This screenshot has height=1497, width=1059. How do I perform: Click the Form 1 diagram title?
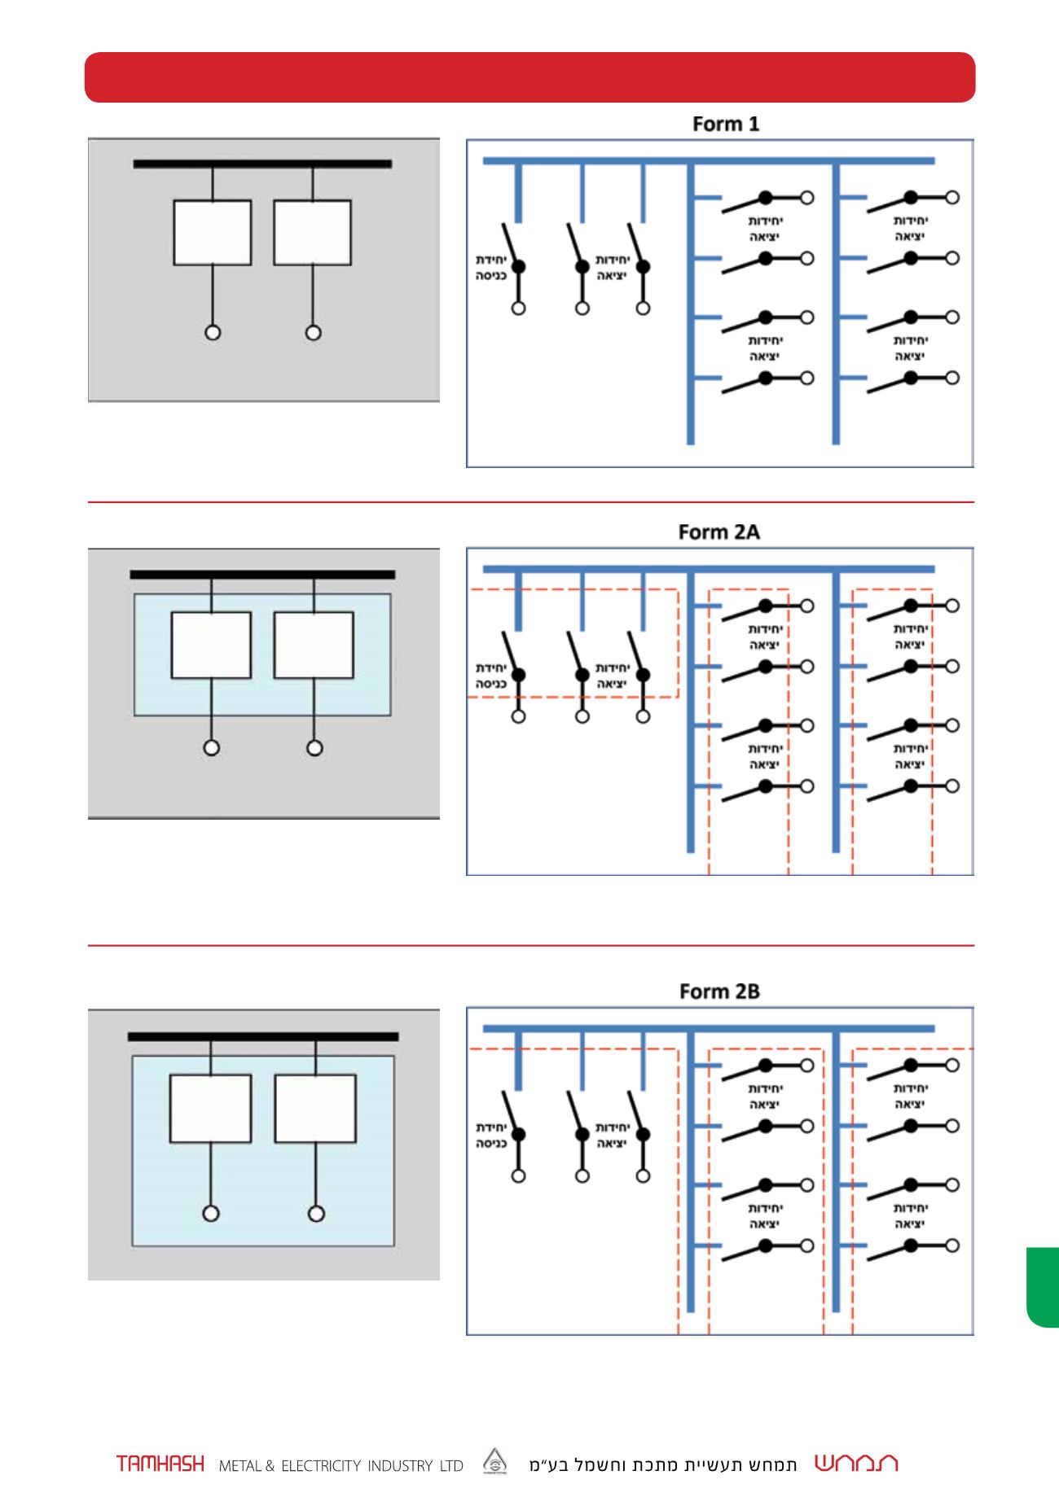725,124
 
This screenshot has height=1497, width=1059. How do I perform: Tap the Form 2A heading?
718,532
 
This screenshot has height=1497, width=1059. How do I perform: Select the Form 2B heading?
719,991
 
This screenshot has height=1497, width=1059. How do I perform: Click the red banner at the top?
529,77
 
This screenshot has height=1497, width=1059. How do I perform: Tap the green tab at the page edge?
1043,1287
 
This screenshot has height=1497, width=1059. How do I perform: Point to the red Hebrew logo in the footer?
856,1463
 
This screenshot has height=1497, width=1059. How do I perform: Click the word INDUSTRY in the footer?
400,1466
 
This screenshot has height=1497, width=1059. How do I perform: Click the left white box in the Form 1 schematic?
212,233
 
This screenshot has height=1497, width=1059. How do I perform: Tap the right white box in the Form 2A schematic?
314,645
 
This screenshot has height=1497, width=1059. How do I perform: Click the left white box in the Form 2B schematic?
210,1109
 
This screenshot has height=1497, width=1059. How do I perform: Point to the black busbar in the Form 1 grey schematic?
262,164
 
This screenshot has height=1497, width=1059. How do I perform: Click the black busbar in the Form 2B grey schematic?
263,1036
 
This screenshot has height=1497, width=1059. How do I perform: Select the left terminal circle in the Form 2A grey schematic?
212,748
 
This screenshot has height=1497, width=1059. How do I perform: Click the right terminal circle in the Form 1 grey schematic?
313,332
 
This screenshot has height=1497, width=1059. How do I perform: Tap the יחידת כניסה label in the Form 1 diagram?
491,268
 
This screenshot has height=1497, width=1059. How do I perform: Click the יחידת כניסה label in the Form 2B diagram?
491,1136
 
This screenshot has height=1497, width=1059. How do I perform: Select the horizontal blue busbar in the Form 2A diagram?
709,569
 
